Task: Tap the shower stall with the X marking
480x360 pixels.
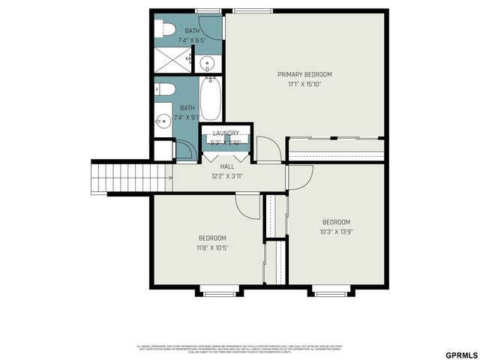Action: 172,60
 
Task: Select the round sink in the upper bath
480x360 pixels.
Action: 208,63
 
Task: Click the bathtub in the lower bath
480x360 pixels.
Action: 210,101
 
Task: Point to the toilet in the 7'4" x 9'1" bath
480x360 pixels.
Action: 166,91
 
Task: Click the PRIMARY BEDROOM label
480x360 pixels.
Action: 304,74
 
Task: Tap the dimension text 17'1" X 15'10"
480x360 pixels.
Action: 304,84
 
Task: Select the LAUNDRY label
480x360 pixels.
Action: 226,133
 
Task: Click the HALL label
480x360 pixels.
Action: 227,166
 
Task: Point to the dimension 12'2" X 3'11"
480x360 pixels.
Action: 227,176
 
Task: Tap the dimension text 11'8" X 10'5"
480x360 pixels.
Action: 212,247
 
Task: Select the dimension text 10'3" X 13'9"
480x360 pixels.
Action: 337,232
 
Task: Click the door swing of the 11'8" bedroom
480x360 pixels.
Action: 247,205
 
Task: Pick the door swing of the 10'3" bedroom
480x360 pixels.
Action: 300,177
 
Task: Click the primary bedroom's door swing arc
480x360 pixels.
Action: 268,148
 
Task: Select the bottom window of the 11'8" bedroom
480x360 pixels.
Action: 220,293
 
